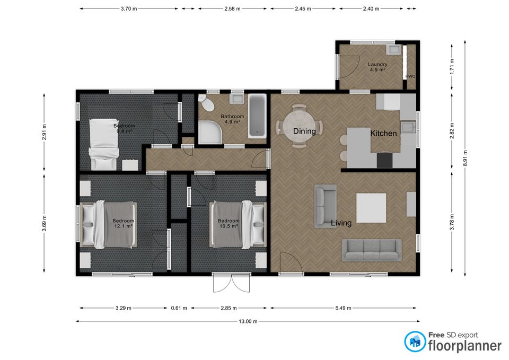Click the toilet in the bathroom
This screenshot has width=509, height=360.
[206, 103]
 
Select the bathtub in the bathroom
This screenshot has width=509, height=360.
[258, 116]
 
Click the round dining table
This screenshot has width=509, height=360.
[299, 126]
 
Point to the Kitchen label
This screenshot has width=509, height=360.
[383, 133]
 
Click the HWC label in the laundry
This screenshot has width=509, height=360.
[410, 76]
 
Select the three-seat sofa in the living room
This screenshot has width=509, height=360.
[372, 250]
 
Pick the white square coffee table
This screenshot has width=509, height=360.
[371, 208]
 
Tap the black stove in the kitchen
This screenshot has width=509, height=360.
[385, 160]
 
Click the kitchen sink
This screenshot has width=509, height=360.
[408, 127]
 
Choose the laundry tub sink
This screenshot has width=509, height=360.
[394, 50]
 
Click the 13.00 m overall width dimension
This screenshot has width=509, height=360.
[248, 321]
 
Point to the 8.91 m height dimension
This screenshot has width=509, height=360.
[465, 158]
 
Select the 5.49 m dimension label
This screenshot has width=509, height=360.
[343, 308]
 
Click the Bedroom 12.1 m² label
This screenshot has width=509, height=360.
[124, 223]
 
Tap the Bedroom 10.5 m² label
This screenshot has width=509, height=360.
[229, 223]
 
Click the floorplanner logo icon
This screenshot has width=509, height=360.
[415, 341]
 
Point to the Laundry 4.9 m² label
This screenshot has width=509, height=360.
[378, 67]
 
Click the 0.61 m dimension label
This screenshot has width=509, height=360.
[179, 308]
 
